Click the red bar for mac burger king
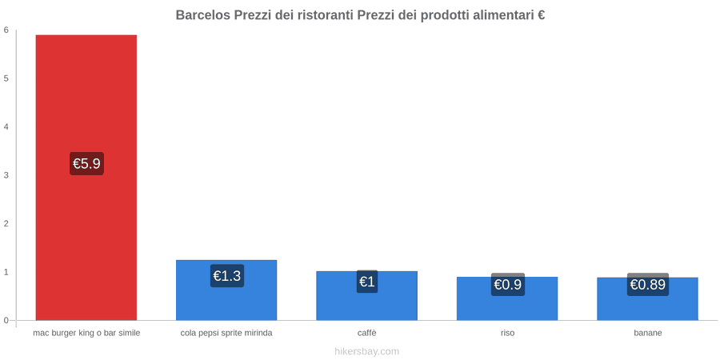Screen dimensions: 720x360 pos(86,178)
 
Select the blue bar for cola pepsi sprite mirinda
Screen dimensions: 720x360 pos(226,290)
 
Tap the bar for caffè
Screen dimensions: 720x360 pos(367,296)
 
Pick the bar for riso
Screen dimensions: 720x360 pos(507,298)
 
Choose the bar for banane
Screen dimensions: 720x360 pos(647,298)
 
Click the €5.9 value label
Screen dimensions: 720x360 pos(86,163)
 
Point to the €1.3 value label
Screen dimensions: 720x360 pos(227,276)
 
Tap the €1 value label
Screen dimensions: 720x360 pos(367,282)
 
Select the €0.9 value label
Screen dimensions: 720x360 pos(507,285)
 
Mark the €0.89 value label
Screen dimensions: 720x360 pos(647,285)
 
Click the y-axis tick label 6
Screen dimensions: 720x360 pos(6,30)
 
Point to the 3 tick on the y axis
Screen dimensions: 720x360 pos(6,175)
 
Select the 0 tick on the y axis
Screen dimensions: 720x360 pos(6,321)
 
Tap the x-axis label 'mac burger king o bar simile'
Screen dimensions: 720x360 pos(86,334)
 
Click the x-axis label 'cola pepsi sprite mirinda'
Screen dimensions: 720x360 pos(226,334)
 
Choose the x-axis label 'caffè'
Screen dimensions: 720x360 pos(367,334)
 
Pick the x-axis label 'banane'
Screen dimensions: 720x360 pos(648,334)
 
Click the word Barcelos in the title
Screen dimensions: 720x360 pos(202,15)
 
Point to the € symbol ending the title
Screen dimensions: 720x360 pos(541,15)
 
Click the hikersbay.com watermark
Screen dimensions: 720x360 pos(367,352)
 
